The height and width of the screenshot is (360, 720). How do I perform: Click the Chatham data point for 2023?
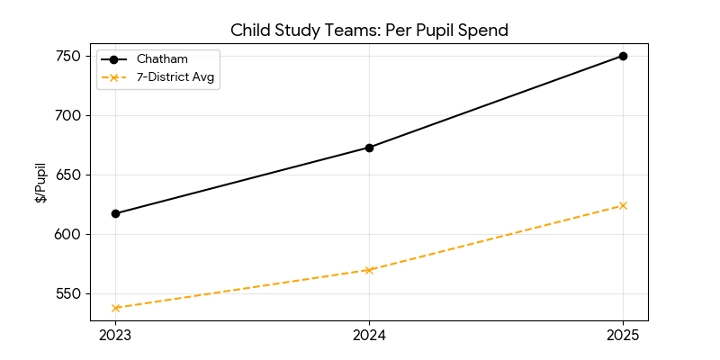[x=115, y=213]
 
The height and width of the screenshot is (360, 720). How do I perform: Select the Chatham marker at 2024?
[x=369, y=148]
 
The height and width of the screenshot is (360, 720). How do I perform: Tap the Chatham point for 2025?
[x=623, y=56]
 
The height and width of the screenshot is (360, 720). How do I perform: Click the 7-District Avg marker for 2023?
[x=115, y=308]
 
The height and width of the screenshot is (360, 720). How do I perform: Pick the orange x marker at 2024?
[x=369, y=270]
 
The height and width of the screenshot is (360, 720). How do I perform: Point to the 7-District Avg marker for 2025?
[x=623, y=205]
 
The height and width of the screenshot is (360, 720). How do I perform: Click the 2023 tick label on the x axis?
[x=115, y=336]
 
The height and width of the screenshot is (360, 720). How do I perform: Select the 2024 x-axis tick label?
[x=369, y=336]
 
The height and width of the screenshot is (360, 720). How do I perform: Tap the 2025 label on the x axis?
[x=623, y=336]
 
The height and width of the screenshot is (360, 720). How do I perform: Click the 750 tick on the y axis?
[x=70, y=56]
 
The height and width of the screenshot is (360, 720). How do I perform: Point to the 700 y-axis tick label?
[x=70, y=115]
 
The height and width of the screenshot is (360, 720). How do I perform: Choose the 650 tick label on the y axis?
[x=70, y=175]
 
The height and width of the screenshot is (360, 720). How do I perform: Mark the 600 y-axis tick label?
[x=70, y=234]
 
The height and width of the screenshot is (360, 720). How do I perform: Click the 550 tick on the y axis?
[x=70, y=293]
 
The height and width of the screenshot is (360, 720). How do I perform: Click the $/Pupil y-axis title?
[x=40, y=183]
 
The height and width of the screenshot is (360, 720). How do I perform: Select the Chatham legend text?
[x=162, y=59]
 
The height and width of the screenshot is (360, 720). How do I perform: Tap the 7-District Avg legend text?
[x=177, y=76]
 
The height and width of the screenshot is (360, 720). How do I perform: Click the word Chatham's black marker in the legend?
[x=114, y=59]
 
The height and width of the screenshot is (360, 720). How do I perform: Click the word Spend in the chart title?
[x=483, y=30]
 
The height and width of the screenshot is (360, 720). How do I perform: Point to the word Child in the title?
[x=250, y=30]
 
